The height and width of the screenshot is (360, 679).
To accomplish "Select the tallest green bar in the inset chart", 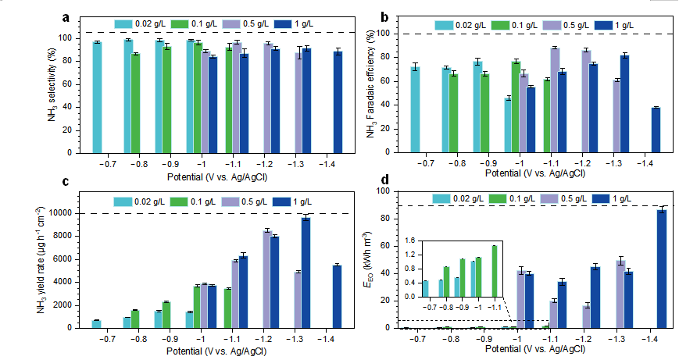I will point(494,271).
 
